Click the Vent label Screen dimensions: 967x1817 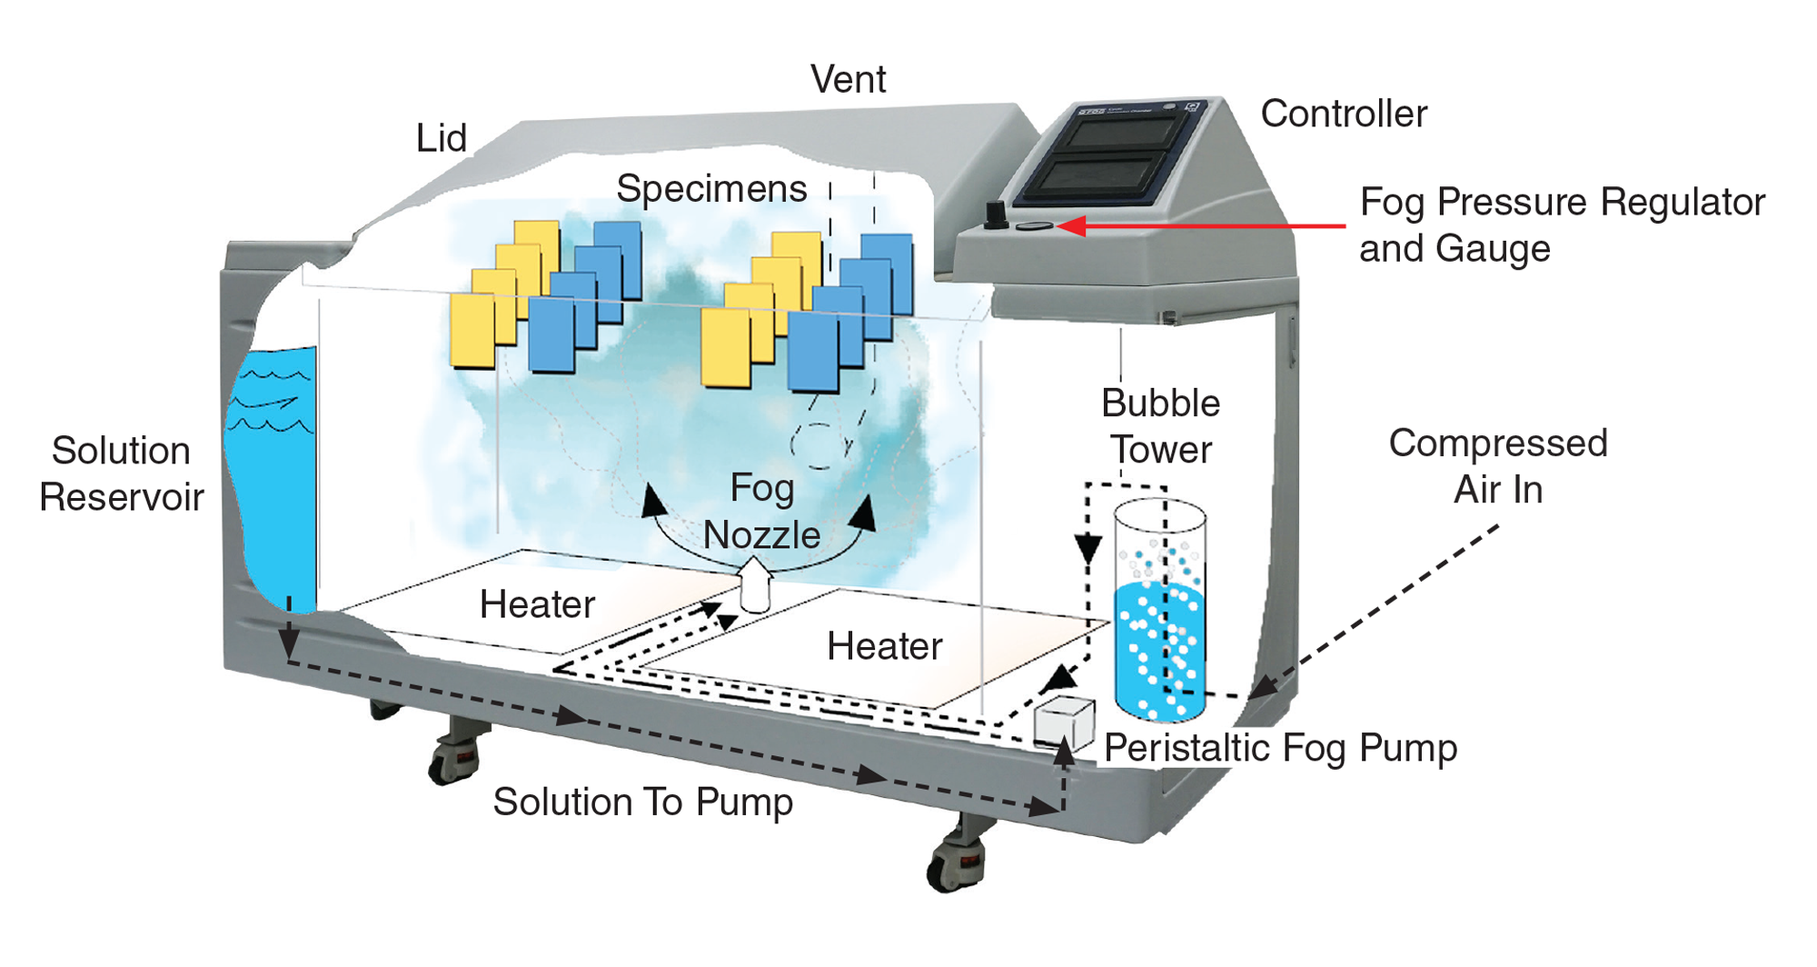click(x=848, y=80)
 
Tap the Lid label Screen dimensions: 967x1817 click(x=442, y=139)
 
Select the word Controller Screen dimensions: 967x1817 click(x=1344, y=115)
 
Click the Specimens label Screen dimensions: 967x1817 click(x=711, y=189)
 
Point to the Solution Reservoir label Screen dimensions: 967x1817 click(x=122, y=474)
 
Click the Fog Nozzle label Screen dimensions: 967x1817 click(x=762, y=512)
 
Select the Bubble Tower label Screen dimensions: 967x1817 click(x=1161, y=426)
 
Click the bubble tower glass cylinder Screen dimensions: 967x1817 click(x=1160, y=609)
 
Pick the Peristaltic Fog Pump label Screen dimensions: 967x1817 click(x=1280, y=748)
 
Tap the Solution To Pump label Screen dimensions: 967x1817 click(x=642, y=802)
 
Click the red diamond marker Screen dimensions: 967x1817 click(x=1327, y=226)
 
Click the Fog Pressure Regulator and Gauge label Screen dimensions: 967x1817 click(x=1561, y=224)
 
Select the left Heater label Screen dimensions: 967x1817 click(x=537, y=604)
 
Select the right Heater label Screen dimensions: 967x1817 click(x=884, y=646)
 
